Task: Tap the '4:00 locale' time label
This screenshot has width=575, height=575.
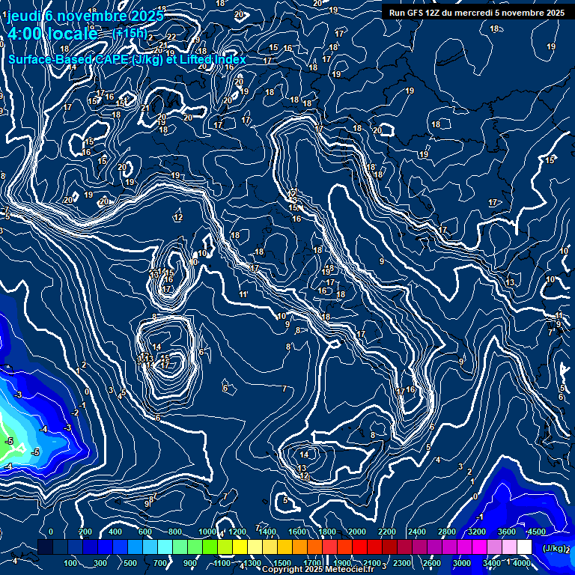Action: (x=52, y=34)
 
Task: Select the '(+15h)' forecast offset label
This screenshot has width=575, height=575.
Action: (x=129, y=34)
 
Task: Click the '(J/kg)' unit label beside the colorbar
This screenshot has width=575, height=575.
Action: (x=555, y=549)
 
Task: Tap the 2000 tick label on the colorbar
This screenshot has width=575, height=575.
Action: (x=358, y=532)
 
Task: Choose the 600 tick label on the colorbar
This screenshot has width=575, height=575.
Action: (x=145, y=532)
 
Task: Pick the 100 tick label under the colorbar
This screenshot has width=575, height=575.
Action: (x=71, y=563)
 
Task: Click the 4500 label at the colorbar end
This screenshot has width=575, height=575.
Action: (x=537, y=532)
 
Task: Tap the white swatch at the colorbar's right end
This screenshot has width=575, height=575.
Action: (x=524, y=548)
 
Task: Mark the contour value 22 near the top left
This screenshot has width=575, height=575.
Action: (x=171, y=37)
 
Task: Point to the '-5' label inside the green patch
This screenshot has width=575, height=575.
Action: (x=10, y=441)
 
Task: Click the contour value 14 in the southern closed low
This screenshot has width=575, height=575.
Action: (x=304, y=454)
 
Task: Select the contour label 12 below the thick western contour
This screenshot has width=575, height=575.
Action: (x=178, y=218)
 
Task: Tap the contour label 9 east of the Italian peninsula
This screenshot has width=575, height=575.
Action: (x=382, y=261)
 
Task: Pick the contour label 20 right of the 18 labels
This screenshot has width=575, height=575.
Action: (x=377, y=130)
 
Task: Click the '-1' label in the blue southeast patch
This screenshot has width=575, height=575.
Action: (x=481, y=517)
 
